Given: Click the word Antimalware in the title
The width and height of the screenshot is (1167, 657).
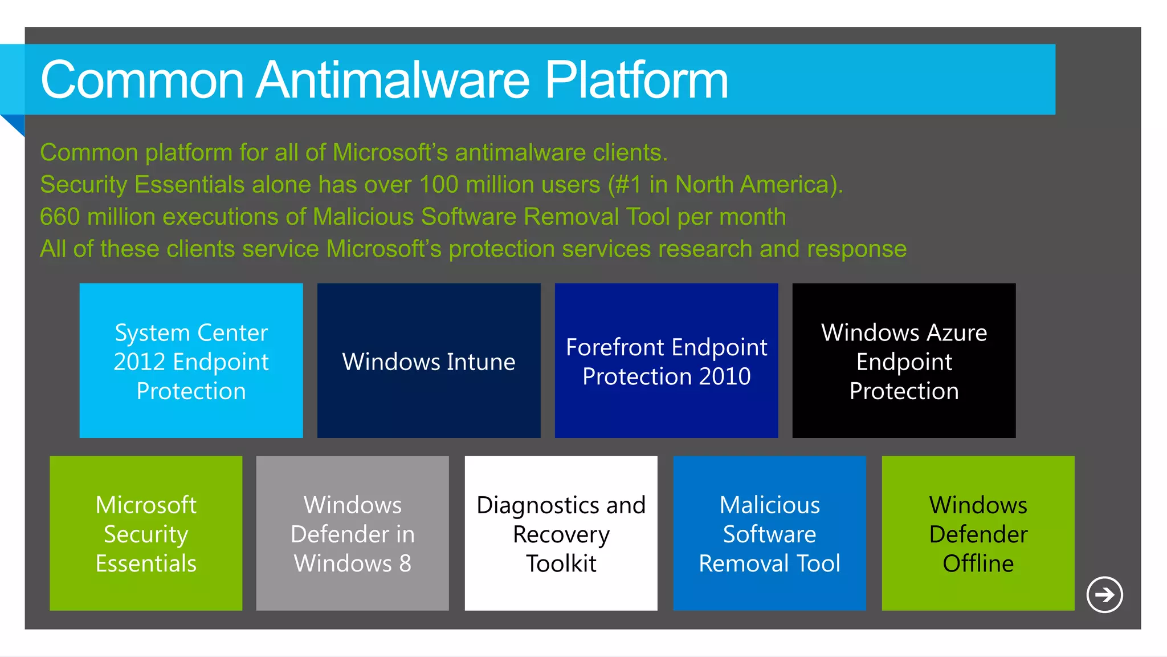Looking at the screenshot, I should [393, 80].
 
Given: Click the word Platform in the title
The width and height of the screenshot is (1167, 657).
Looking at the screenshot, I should [636, 80].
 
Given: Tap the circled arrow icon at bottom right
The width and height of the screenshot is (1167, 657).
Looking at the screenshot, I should [1104, 595].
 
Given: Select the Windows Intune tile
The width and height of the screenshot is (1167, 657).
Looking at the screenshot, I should [429, 361].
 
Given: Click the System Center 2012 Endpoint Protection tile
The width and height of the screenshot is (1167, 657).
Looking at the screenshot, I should [191, 361].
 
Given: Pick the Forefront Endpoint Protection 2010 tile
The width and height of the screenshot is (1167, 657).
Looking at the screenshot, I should [666, 361].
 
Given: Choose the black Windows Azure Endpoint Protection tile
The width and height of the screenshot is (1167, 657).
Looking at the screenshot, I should [904, 361].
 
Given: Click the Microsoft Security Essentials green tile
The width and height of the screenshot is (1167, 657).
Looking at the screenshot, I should [146, 533].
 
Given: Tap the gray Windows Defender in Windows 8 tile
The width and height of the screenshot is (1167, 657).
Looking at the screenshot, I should [352, 533].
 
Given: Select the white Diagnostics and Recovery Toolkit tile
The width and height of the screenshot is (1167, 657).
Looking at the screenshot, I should [561, 533].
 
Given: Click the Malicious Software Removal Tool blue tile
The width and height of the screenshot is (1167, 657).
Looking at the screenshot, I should [769, 533].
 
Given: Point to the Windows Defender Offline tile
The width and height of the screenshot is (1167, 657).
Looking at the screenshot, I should [978, 533].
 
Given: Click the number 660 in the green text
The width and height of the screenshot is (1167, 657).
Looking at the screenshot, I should [60, 217].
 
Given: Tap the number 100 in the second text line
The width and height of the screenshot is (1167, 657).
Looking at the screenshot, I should [438, 185].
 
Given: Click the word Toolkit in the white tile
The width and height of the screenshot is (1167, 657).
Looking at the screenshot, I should [561, 563].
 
